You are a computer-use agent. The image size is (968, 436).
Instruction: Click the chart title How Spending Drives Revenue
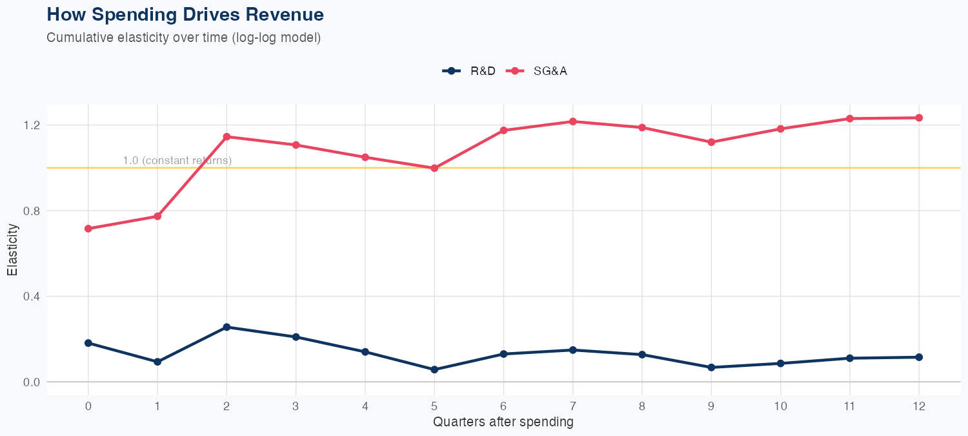click(x=185, y=14)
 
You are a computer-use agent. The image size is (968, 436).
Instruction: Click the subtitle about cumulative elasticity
click(x=184, y=37)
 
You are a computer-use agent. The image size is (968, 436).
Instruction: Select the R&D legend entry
click(x=470, y=71)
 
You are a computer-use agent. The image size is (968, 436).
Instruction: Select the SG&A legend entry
click(x=536, y=71)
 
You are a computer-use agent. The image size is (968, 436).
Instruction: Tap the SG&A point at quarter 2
click(x=227, y=136)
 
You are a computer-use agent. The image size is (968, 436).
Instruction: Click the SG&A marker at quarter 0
click(x=88, y=229)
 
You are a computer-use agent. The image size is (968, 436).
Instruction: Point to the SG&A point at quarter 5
click(x=434, y=168)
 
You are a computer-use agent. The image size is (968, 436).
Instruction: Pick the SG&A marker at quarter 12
click(x=919, y=118)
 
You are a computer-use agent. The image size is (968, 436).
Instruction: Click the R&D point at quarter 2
click(x=227, y=327)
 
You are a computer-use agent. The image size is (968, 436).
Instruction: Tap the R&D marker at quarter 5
click(x=434, y=369)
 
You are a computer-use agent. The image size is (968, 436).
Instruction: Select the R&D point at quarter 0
click(x=88, y=343)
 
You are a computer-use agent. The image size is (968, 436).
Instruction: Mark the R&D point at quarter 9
click(x=711, y=368)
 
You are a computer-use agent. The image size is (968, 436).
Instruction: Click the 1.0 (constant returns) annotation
click(x=177, y=160)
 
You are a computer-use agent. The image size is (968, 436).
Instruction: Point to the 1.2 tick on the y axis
click(x=31, y=125)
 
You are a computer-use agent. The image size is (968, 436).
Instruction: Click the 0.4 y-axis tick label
click(x=31, y=296)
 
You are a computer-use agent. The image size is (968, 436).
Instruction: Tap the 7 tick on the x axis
click(x=572, y=406)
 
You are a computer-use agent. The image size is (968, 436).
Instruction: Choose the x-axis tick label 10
click(x=780, y=406)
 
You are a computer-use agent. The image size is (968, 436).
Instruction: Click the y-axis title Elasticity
click(x=12, y=250)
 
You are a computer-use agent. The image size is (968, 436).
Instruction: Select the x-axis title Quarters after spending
click(x=503, y=422)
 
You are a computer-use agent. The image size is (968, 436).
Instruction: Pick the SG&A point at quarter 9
click(x=711, y=142)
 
